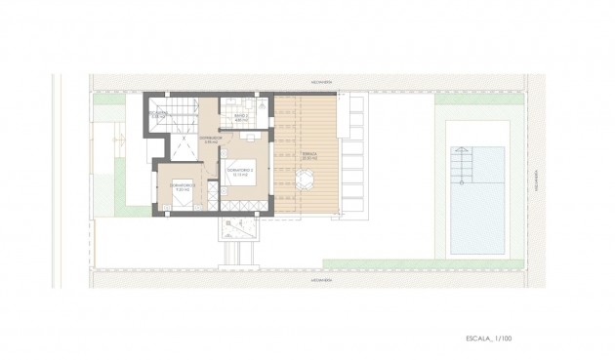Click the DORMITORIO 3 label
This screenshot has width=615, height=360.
pyautogui.click(x=184, y=185)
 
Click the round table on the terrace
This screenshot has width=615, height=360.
pyautogui.click(x=305, y=179)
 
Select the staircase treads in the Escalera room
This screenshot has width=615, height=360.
pyautogui.click(x=182, y=108)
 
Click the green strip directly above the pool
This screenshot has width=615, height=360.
pyautogui.click(x=470, y=100)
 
